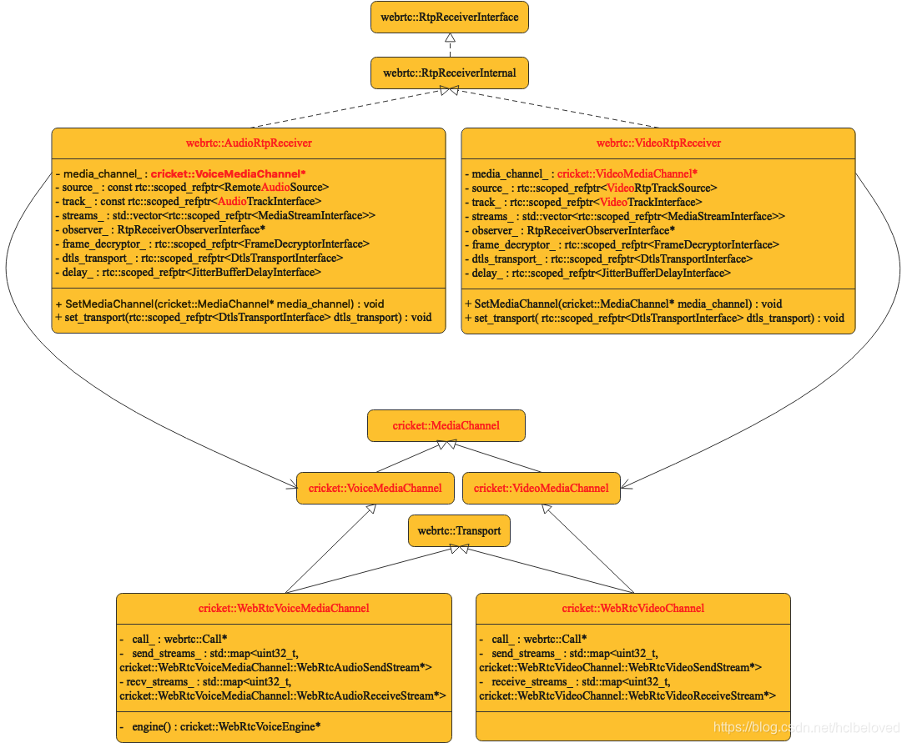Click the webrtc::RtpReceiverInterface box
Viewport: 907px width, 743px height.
pyautogui.click(x=450, y=17)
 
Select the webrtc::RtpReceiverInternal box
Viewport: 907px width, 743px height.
pyautogui.click(x=450, y=73)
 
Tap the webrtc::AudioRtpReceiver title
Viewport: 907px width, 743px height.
pyautogui.click(x=249, y=143)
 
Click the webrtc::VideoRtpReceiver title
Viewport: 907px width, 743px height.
pyautogui.click(x=658, y=143)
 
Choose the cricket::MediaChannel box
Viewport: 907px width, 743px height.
pyautogui.click(x=446, y=425)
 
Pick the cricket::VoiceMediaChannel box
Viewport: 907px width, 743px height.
pyautogui.click(x=375, y=488)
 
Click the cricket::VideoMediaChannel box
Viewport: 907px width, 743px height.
pyautogui.click(x=542, y=488)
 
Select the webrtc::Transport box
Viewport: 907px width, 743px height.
pyautogui.click(x=459, y=530)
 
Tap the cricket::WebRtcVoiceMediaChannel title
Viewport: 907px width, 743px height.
pyautogui.click(x=284, y=608)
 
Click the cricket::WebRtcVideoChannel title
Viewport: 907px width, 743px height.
pyautogui.click(x=633, y=608)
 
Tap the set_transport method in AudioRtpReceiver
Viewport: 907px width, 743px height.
pyautogui.click(x=244, y=317)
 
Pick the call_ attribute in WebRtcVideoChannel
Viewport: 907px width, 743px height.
pyautogui.click(x=533, y=639)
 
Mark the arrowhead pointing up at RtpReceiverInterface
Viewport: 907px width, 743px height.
pyautogui.click(x=450, y=38)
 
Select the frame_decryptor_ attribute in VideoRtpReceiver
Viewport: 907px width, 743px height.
pyautogui.click(x=622, y=244)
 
